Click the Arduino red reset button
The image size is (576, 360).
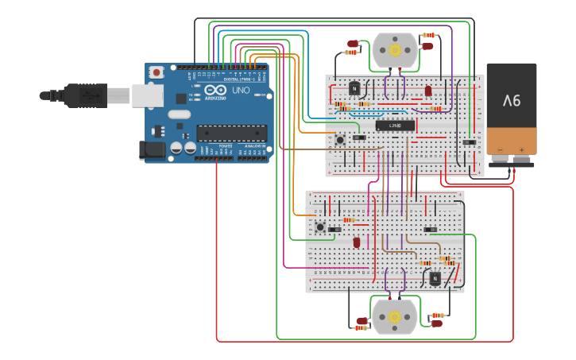click(x=157, y=72)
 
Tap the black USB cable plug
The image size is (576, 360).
click(x=60, y=95)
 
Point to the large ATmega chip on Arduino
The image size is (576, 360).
click(x=232, y=133)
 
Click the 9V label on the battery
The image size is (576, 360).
click(x=511, y=101)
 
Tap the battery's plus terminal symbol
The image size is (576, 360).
click(x=522, y=149)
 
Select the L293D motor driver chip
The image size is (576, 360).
click(x=395, y=126)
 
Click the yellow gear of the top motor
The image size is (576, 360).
click(x=395, y=50)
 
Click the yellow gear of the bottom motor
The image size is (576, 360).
click(x=394, y=315)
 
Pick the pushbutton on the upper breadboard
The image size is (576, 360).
click(x=340, y=141)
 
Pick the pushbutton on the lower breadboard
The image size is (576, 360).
click(x=320, y=227)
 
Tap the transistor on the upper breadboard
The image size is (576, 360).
click(x=354, y=87)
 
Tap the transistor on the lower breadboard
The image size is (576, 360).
click(x=435, y=278)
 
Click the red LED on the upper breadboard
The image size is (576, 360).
click(x=428, y=91)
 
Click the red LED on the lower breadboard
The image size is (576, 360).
click(x=357, y=242)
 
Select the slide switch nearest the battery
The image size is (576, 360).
click(x=470, y=142)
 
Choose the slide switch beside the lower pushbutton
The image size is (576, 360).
click(x=334, y=230)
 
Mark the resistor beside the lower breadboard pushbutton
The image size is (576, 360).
click(x=348, y=220)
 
